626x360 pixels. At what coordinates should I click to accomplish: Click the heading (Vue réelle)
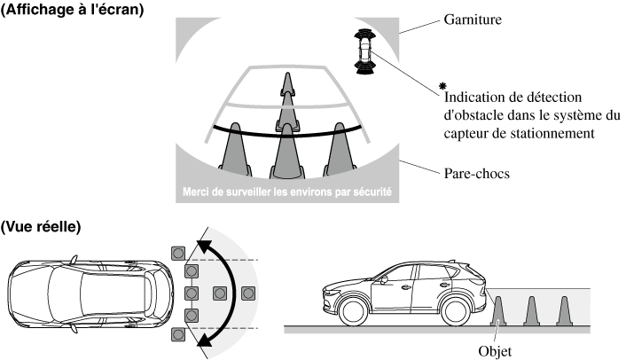pos(42,227)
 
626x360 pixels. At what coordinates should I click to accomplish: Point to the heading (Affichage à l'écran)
pos(73,9)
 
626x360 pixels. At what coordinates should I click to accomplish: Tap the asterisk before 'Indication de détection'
pos(440,85)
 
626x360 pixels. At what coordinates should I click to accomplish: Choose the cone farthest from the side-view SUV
pos(562,309)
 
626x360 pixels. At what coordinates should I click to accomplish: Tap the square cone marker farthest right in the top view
pos(248,293)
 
